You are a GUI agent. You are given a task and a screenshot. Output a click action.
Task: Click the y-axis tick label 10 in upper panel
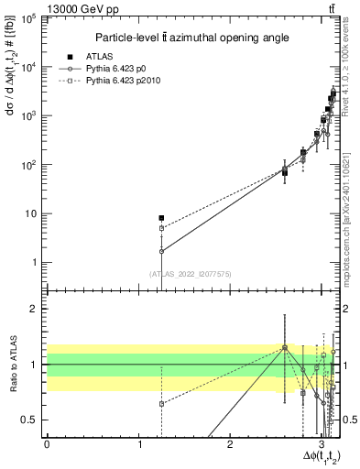coord(33,214)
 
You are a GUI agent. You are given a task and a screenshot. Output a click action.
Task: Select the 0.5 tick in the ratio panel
coord(32,420)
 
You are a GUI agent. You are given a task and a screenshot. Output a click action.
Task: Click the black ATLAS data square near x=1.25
coord(161,218)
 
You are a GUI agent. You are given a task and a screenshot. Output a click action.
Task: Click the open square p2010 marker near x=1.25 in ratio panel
coord(161,403)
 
